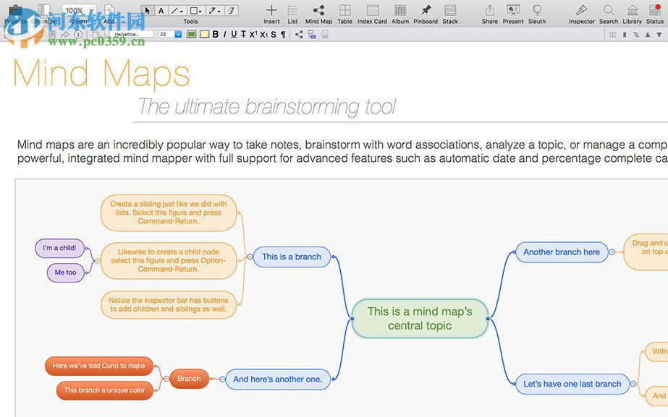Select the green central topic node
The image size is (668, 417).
(420, 318)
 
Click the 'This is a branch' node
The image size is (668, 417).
(292, 257)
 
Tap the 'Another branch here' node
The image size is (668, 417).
(562, 252)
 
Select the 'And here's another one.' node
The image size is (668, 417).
(278, 379)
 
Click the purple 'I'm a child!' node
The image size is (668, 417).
(59, 248)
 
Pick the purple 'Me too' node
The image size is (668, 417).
(65, 272)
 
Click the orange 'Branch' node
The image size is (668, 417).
(189, 378)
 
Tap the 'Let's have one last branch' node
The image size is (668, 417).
(572, 384)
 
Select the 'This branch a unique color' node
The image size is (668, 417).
(104, 390)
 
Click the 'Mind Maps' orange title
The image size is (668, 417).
(101, 73)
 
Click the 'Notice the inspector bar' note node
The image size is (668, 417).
(168, 304)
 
